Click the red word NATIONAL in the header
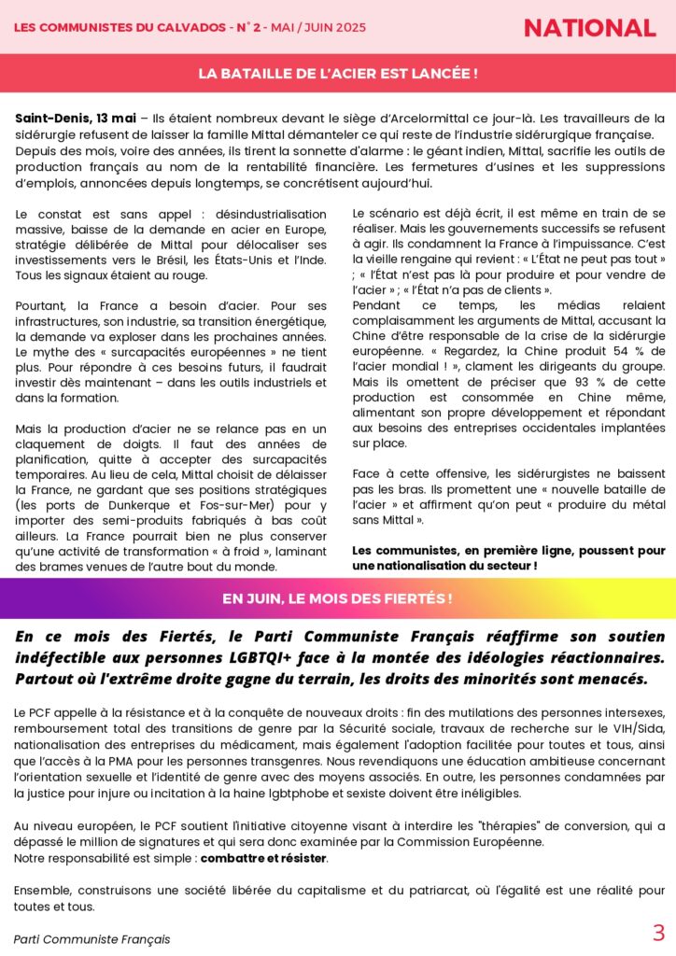(589, 28)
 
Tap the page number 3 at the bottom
(658, 932)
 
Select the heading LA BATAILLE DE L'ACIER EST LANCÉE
(338, 74)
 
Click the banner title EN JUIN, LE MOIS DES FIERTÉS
(338, 598)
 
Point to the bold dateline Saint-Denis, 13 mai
(76, 118)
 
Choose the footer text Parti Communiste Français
(92, 938)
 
